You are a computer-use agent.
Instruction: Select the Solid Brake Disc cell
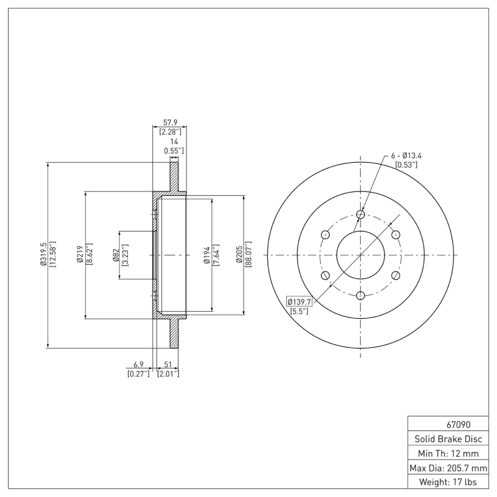[448, 439]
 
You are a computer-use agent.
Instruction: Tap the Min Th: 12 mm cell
[448, 453]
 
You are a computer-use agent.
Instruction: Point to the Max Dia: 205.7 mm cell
[448, 467]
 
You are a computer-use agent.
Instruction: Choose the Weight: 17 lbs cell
[448, 481]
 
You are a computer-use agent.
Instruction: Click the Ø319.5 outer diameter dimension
[43, 255]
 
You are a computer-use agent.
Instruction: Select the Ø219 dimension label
[80, 255]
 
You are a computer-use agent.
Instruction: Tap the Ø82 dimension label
[116, 255]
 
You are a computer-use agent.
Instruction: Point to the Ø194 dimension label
[207, 255]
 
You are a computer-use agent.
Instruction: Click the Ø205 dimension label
[239, 255]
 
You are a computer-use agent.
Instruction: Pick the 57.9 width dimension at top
[170, 122]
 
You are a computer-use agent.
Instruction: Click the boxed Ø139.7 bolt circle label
[299, 301]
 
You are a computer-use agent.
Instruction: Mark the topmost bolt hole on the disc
[360, 215]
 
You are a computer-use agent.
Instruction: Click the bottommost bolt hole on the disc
[360, 295]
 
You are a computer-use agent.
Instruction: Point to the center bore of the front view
[360, 255]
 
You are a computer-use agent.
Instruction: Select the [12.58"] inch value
[52, 255]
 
